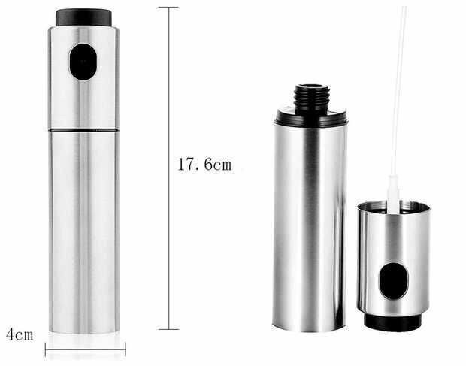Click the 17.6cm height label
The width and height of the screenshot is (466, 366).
point(204,164)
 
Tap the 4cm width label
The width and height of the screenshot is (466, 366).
point(20,334)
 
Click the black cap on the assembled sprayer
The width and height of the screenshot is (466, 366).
point(84,17)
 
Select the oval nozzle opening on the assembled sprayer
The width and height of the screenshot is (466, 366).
point(83,62)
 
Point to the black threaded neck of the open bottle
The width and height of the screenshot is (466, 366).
point(312,98)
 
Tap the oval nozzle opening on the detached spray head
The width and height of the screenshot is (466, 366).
point(394,281)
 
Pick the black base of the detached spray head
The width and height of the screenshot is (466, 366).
point(393,322)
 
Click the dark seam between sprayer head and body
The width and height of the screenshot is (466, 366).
point(84,130)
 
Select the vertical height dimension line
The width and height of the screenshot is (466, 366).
point(169,168)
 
